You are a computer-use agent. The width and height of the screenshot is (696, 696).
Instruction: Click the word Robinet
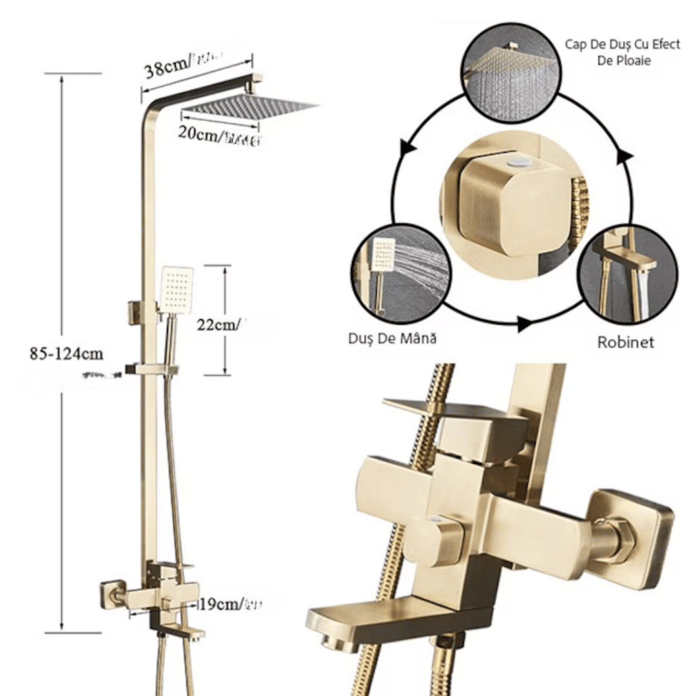625,342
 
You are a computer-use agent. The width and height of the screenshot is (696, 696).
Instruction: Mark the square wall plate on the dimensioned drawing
111,591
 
